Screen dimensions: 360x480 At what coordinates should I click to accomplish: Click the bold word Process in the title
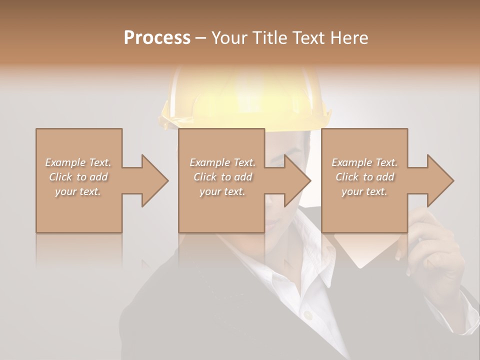pos(157,38)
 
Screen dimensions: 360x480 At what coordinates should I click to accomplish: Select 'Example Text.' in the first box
pos(78,162)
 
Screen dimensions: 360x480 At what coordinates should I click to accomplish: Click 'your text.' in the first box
pos(78,191)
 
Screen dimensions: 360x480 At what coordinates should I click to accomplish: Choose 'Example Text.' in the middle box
pos(222,162)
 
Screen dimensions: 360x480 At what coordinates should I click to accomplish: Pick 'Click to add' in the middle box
pos(222,177)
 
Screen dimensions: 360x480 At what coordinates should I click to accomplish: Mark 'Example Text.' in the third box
pos(364,162)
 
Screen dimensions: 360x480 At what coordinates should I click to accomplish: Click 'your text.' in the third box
pos(364,191)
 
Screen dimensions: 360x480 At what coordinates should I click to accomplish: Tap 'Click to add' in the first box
pos(78,177)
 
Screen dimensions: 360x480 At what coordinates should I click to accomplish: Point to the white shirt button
pos(308,315)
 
